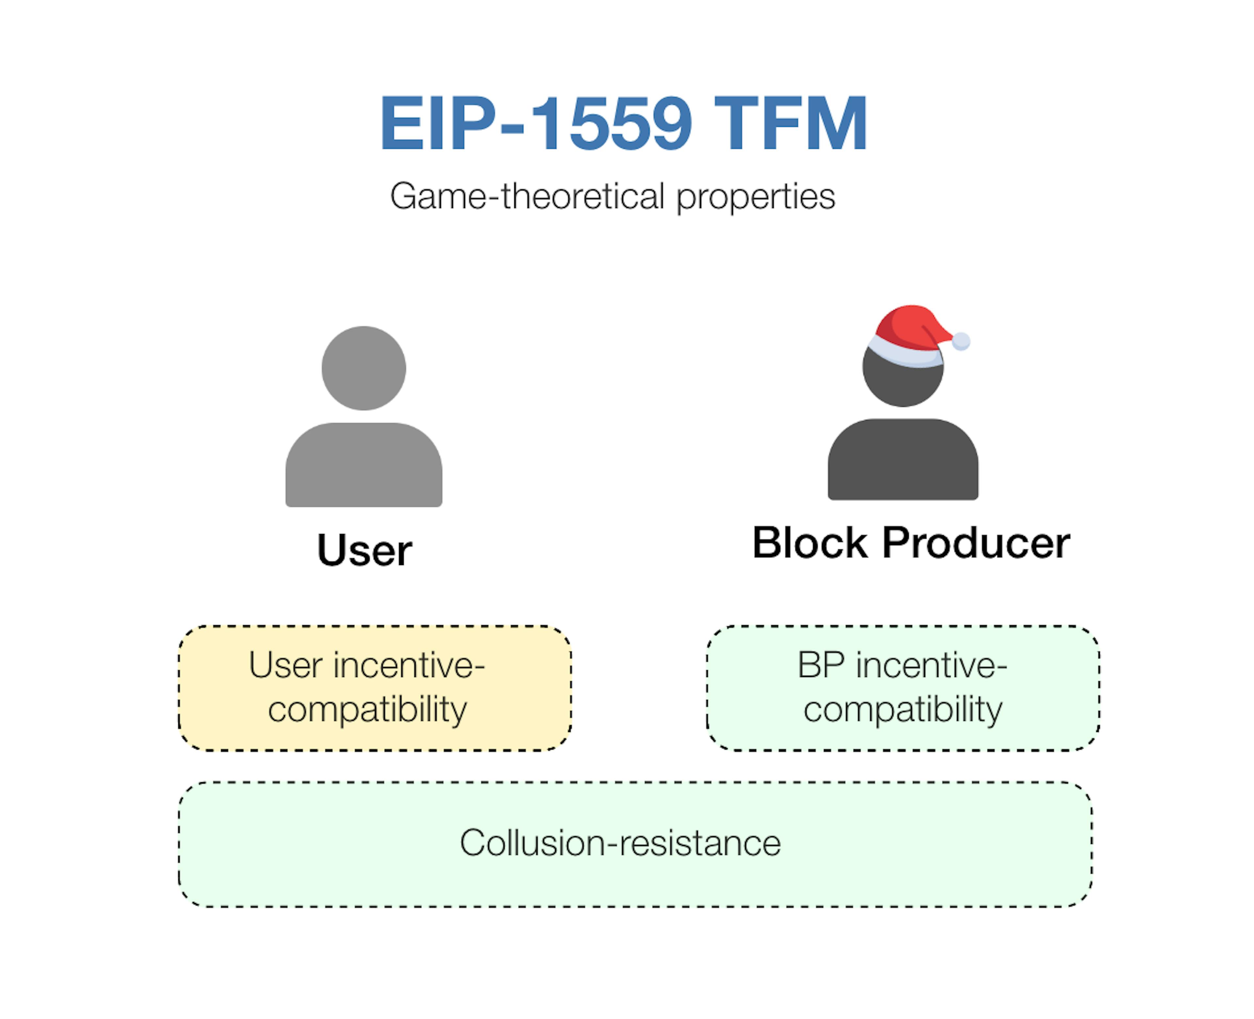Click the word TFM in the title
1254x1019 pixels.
pyautogui.click(x=790, y=124)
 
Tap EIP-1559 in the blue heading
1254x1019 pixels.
pyautogui.click(x=536, y=124)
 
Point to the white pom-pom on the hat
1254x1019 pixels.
pyautogui.click(x=961, y=341)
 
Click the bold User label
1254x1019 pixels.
pyautogui.click(x=364, y=551)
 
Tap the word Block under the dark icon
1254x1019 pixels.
pyautogui.click(x=810, y=543)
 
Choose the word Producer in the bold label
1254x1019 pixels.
pyautogui.click(x=976, y=543)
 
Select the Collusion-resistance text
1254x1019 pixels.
pyautogui.click(x=620, y=843)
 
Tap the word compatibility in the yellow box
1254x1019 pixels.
pyautogui.click(x=367, y=710)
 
